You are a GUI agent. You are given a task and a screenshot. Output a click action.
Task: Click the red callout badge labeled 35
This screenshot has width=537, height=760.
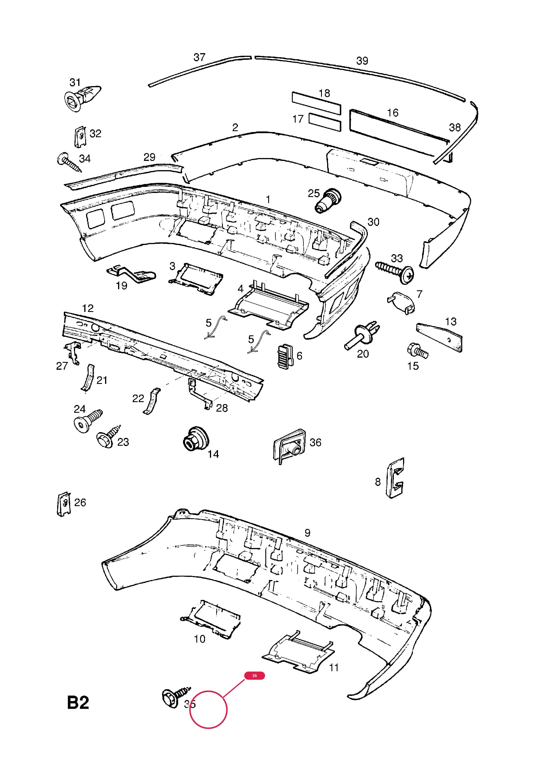click(x=254, y=676)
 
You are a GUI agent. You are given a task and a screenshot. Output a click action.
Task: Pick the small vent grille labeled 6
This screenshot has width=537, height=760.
click(x=285, y=356)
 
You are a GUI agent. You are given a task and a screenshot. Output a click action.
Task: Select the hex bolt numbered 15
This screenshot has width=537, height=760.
click(x=417, y=351)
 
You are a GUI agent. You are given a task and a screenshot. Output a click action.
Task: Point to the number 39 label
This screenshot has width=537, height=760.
click(x=362, y=61)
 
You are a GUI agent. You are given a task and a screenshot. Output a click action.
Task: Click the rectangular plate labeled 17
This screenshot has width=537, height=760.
click(x=325, y=122)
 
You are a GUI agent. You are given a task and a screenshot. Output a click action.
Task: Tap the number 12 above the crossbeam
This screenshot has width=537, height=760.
click(x=88, y=309)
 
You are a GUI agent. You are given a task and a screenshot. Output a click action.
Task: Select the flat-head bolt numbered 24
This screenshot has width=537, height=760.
click(x=88, y=421)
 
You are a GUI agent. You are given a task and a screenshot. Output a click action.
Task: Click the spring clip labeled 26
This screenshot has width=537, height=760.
click(x=64, y=504)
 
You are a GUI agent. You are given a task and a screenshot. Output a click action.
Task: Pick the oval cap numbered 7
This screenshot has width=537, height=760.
click(x=401, y=302)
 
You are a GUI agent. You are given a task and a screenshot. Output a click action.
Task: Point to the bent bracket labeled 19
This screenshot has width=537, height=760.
click(x=131, y=274)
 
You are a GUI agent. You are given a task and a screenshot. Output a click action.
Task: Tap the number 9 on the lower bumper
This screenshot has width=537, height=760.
click(x=307, y=533)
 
